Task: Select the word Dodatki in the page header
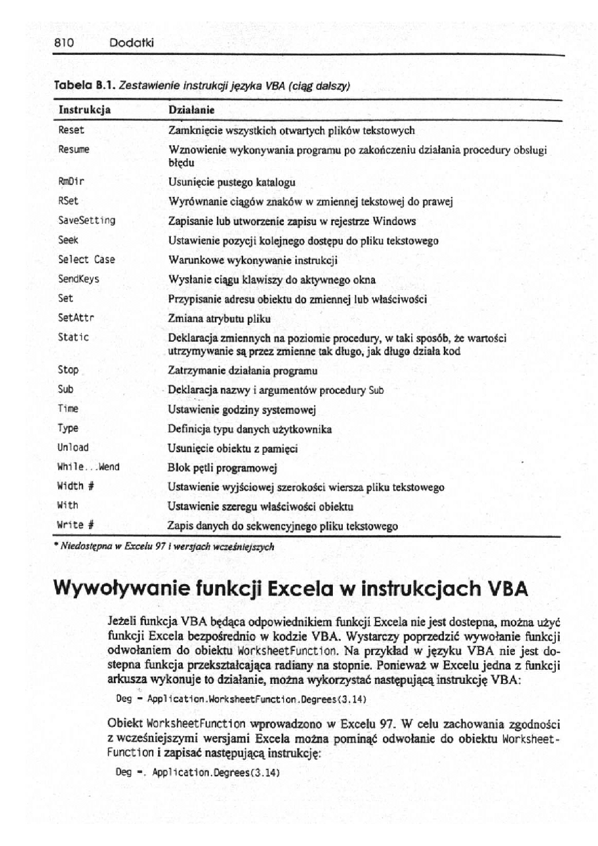coord(132,43)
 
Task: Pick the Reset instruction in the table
coord(72,130)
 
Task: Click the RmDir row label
coord(72,182)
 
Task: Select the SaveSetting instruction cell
coord(87,220)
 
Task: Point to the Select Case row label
coord(87,259)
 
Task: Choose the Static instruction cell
coord(74,338)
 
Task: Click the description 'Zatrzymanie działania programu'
coord(242,370)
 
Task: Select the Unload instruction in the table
coord(74,447)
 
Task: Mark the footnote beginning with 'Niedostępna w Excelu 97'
coord(163,546)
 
